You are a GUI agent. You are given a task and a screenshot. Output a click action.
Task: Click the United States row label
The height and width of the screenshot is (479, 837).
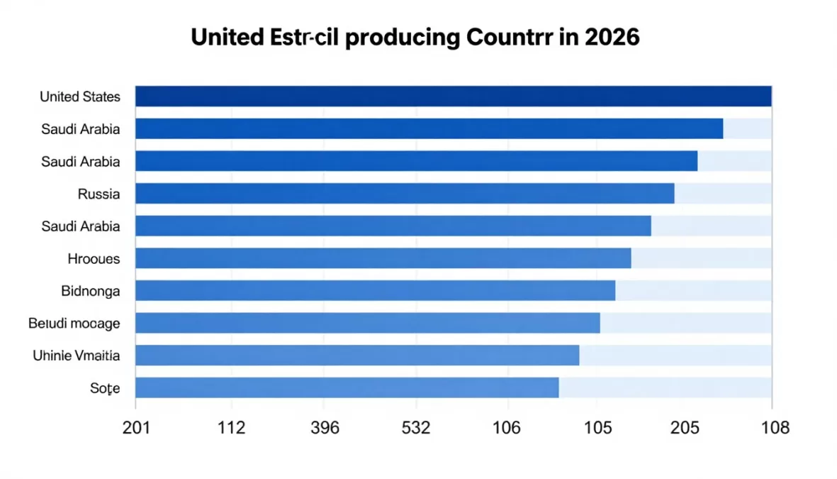tap(79, 97)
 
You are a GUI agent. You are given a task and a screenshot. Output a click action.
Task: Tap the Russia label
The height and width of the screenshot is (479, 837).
tap(99, 194)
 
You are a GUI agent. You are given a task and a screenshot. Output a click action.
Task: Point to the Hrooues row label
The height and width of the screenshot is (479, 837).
tap(94, 259)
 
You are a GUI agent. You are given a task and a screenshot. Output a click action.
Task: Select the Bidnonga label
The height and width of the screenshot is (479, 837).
tap(91, 291)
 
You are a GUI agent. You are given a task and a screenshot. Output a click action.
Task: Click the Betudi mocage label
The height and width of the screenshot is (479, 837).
tap(74, 324)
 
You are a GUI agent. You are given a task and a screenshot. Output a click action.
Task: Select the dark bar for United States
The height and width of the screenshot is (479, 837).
tap(453, 97)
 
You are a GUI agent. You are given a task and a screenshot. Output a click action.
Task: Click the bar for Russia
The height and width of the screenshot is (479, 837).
tap(404, 194)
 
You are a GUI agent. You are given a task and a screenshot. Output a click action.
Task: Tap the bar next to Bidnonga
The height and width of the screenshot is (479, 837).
tap(375, 291)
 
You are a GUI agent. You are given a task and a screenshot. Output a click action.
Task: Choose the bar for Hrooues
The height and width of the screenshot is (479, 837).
tap(383, 259)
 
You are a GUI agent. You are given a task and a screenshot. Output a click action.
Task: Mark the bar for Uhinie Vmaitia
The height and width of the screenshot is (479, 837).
tap(357, 356)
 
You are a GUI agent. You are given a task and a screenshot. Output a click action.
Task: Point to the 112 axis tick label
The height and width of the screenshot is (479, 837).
tap(231, 428)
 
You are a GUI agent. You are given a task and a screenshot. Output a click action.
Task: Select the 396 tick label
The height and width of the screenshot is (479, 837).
tap(325, 428)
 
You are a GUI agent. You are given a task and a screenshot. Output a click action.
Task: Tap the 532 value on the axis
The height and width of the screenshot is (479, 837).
tap(416, 428)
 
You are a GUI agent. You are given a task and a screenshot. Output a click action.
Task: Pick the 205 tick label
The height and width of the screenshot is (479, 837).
tap(685, 428)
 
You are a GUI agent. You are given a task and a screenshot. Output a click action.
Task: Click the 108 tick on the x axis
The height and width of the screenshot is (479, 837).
tap(774, 428)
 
